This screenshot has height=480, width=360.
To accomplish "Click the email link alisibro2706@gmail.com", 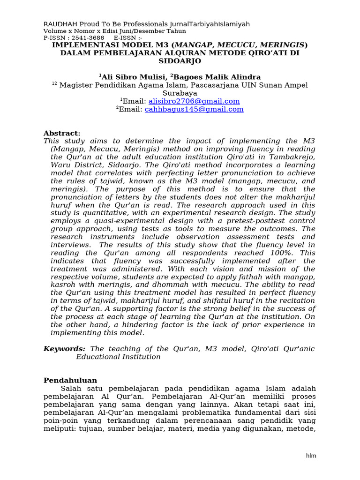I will pos(194,101).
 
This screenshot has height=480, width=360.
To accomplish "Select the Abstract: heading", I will pos(62,133).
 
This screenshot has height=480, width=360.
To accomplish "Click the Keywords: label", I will pos(64,349).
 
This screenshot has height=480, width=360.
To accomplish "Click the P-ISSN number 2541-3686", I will pos(88,37).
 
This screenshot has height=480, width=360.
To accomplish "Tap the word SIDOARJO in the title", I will pos(180,61).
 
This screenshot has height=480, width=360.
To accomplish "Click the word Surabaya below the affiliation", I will pos(180,93).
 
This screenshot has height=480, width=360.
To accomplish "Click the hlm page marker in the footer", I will pos(311,455).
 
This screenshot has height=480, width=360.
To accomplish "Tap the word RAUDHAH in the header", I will pos(59,24).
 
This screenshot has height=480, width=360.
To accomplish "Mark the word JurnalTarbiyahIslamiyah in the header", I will pos(213,24).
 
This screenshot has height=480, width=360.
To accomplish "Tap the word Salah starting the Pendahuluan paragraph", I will pos(71,389).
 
